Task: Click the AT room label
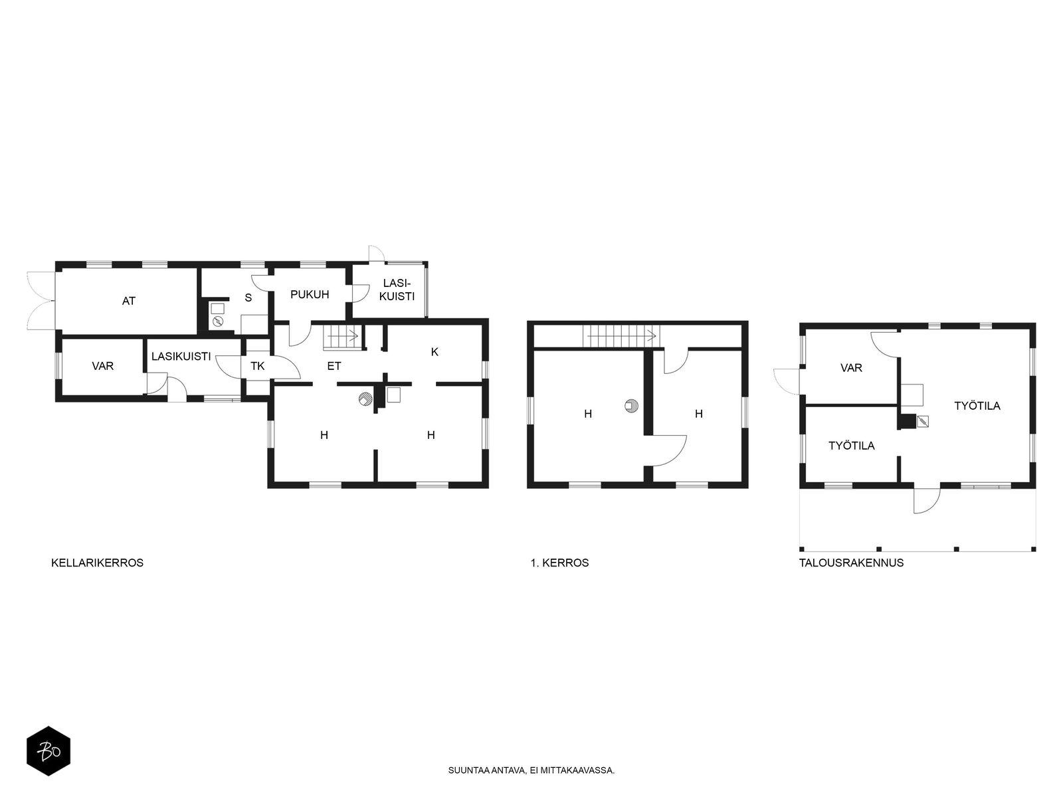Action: [x=128, y=301]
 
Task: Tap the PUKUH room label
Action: [x=310, y=294]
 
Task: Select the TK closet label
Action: [x=258, y=366]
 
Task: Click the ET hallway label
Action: [x=334, y=366]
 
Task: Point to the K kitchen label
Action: [x=435, y=352]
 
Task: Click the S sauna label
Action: [x=248, y=298]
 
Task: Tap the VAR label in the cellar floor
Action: [x=103, y=366]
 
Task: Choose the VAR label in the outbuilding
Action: [x=851, y=368]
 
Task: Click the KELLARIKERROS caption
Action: [x=98, y=563]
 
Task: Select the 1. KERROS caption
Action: [x=559, y=563]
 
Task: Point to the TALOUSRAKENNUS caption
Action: [x=851, y=563]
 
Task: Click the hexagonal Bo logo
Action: [x=48, y=751]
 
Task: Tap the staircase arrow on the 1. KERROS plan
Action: [x=622, y=335]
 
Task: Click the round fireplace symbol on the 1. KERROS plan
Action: [x=632, y=406]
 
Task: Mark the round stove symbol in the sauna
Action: [x=218, y=321]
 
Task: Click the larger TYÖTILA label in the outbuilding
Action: [x=977, y=406]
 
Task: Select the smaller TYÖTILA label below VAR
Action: [x=851, y=446]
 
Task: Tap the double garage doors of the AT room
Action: [x=41, y=301]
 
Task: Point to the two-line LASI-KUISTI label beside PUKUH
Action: [x=397, y=290]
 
